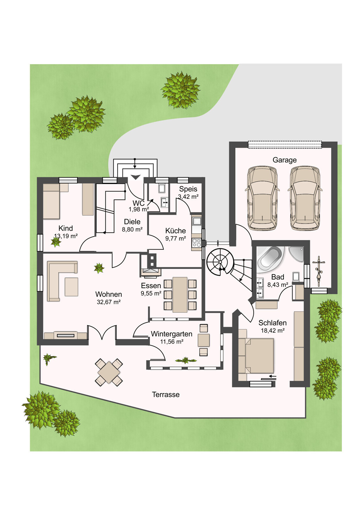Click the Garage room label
[x=285, y=160]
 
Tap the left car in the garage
[x=262, y=198]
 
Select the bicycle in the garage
[x=319, y=271]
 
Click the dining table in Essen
[x=180, y=295]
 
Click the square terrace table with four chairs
[x=109, y=372]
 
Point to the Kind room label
[x=66, y=228]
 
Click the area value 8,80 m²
[x=132, y=229]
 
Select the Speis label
[x=188, y=189]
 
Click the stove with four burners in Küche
[x=197, y=243]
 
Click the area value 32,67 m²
[x=109, y=302]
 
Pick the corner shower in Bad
[x=296, y=254]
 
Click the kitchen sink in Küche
[x=197, y=221]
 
